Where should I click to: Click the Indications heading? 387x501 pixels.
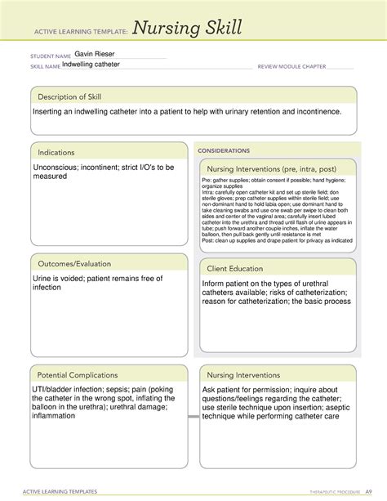(54, 152)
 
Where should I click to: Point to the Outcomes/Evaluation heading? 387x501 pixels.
(73, 263)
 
